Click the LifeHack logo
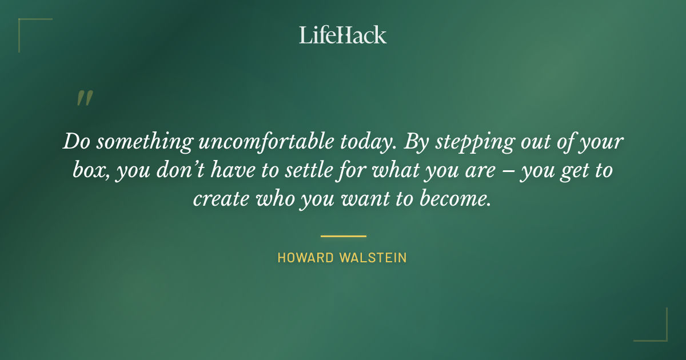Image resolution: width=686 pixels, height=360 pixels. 343,35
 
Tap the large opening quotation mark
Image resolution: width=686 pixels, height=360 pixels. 84,99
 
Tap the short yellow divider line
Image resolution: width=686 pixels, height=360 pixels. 343,235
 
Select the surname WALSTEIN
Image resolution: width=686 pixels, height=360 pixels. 373,258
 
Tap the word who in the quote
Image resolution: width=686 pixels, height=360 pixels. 277,198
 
